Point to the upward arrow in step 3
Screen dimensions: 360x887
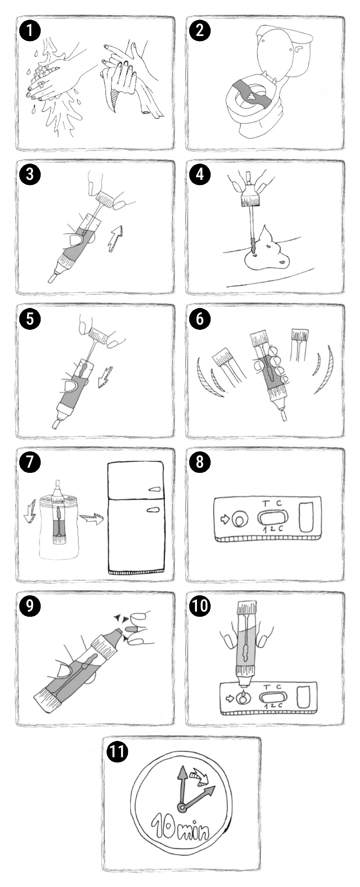coord(114,238)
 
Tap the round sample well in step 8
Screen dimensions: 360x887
coord(238,520)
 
